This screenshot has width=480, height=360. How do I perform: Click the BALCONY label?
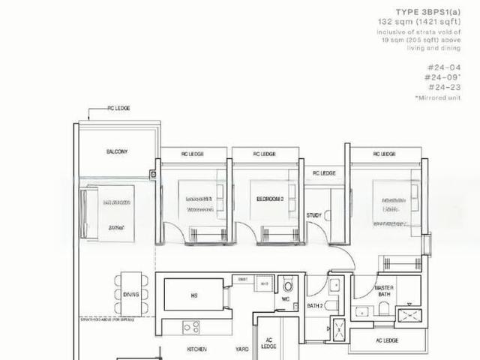pos(117,151)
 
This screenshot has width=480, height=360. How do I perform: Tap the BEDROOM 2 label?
pos(270,199)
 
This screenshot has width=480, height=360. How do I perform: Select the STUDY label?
pos(314,215)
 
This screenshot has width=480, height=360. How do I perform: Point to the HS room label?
pos(193,295)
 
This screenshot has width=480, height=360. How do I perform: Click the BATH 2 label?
pos(315,307)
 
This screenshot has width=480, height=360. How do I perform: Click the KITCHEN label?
pos(197,349)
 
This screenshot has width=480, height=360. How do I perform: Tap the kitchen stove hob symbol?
pos(191,327)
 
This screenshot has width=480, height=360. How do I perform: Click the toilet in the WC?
pos(286,287)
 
